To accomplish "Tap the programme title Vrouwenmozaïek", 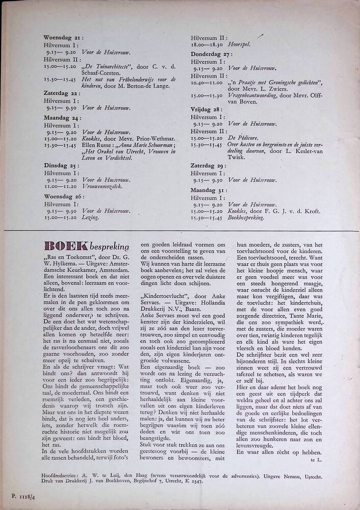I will pos(98,187).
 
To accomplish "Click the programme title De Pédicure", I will pos(244,138).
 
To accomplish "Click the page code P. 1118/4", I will pos(19,495).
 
